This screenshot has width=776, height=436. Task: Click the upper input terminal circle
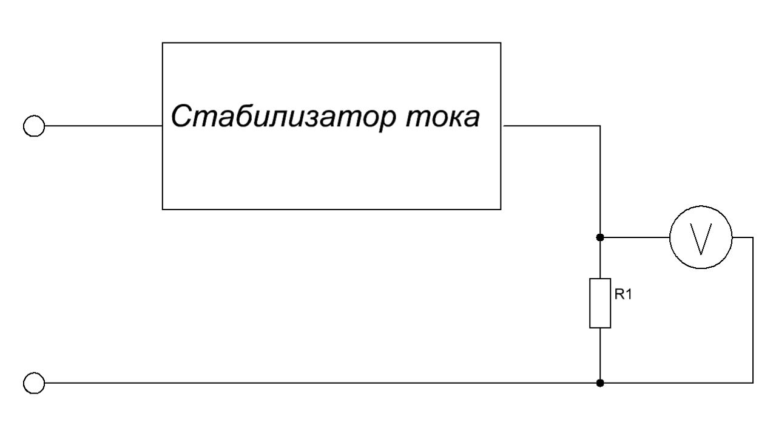coord(34,126)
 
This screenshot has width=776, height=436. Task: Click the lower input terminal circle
coord(34,383)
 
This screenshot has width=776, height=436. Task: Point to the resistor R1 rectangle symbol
coord(600,303)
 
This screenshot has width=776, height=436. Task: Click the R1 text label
coord(624,296)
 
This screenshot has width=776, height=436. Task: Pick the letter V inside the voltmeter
coord(701,240)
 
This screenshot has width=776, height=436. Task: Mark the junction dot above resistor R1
coord(600,237)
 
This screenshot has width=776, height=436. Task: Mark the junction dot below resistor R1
coord(600,383)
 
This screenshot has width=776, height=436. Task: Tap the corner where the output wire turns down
coord(600,126)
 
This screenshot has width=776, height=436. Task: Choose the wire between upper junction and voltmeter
coord(635,237)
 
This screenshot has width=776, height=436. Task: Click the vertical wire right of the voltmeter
coord(753,310)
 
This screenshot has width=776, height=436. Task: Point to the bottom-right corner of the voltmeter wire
coord(753,383)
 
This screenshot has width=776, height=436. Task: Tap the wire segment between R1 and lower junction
coord(600,355)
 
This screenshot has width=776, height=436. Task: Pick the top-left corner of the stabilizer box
coord(163,43)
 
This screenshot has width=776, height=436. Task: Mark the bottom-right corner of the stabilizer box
coord(501,209)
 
